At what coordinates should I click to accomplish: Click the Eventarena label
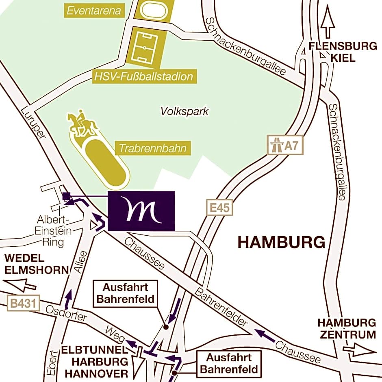pos(94,11)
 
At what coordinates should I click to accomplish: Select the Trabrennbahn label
pos(153,148)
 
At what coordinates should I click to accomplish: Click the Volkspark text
pos(184,111)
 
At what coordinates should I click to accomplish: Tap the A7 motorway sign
pos(285,145)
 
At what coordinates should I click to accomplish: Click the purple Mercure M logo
pos(141,211)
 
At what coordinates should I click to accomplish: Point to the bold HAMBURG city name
pos(281,243)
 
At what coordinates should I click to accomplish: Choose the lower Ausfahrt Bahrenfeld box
pos(229,363)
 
